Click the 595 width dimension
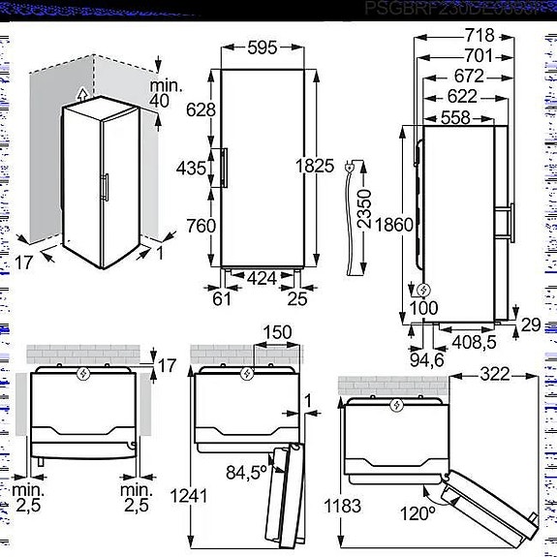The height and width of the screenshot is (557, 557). pyautogui.click(x=264, y=47)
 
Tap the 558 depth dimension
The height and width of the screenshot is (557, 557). pyautogui.click(x=462, y=117)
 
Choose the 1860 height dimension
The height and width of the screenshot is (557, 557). pyautogui.click(x=396, y=225)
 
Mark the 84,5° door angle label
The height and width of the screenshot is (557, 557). pyautogui.click(x=247, y=473)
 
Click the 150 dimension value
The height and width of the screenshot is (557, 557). pyautogui.click(x=278, y=333)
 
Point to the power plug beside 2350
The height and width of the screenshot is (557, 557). pyautogui.click(x=347, y=172)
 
